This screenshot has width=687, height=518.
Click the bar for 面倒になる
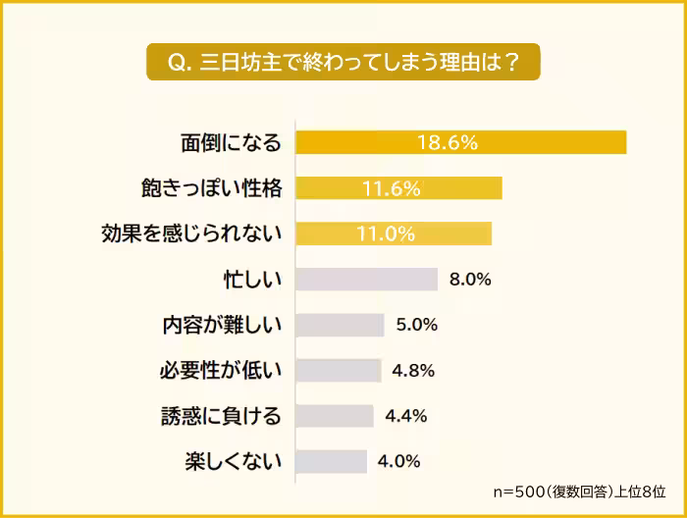(460, 142)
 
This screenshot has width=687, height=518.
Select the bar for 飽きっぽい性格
(398, 188)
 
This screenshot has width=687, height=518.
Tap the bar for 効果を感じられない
(393, 233)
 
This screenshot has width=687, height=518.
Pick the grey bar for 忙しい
(366, 280)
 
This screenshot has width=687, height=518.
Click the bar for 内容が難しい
(340, 325)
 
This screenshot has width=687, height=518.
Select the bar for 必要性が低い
(338, 370)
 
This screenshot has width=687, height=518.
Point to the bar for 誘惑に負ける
(334, 416)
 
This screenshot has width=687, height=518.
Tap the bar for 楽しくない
(331, 461)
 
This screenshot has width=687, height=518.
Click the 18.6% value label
(448, 142)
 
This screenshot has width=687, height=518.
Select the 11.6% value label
(391, 188)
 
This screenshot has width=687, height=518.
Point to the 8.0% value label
(470, 280)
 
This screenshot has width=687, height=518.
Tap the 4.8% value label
(413, 370)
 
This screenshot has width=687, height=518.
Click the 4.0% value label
(399, 461)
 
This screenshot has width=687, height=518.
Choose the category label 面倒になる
(231, 142)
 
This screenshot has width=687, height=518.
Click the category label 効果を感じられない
(191, 233)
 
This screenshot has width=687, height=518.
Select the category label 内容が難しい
(222, 325)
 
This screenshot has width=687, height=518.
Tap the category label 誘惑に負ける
(221, 416)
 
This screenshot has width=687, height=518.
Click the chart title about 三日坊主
(343, 61)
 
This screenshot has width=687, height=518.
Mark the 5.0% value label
(416, 325)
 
